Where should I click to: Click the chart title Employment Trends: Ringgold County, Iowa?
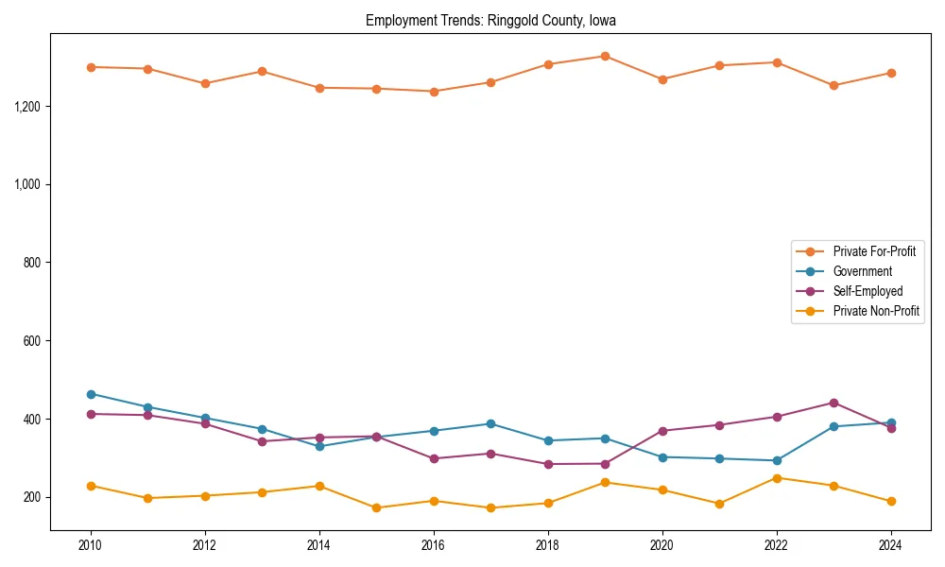coord(490,20)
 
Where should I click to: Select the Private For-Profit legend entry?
coord(874,251)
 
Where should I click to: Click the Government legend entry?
coord(862,271)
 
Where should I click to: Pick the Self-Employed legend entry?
coord(868,291)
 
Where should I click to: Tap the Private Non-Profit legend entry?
coord(876,311)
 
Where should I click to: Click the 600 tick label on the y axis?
coord(33,341)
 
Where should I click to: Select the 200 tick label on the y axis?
coord(33,498)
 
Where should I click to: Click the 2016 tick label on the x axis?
coord(434,545)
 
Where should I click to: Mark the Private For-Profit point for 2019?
coord(605,56)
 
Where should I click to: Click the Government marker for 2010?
coord(91,394)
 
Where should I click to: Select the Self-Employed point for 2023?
coord(833,403)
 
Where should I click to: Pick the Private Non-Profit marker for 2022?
coord(777,478)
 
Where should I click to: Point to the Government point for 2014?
coord(319,446)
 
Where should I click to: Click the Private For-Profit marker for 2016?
coord(434,92)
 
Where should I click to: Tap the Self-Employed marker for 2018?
coord(548,464)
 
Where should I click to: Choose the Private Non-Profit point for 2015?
coord(376,507)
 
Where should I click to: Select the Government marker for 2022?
coord(777,460)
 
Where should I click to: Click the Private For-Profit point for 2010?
coord(91,67)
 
